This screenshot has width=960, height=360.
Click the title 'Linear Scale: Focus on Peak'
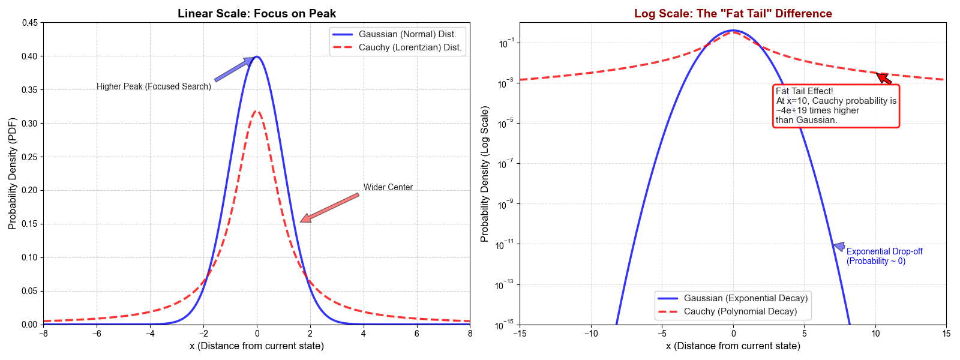pos(257,13)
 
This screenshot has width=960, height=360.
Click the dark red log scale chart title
pos(733,13)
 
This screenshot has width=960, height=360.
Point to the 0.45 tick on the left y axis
pos(29,23)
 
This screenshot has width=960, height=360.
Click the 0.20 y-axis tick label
pos(29,190)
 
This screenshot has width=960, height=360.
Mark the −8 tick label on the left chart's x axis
pos(43,334)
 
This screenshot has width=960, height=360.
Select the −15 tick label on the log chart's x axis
pos(520,334)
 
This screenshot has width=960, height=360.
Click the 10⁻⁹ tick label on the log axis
pos(504,204)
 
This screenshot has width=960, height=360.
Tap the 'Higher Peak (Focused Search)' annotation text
pos(154,86)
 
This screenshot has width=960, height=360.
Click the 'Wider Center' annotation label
pos(388,187)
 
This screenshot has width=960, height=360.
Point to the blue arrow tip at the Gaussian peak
pos(252,59)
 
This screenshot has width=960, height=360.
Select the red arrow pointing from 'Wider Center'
pos(330,208)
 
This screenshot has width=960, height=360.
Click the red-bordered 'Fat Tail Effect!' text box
pos(836,106)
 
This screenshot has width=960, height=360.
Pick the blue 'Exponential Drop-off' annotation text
pos(884,256)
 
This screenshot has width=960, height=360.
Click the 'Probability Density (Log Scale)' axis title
pos(485,174)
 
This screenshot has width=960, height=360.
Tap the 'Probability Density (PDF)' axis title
pos(13,173)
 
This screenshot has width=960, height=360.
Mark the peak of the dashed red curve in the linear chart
pos(257,111)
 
